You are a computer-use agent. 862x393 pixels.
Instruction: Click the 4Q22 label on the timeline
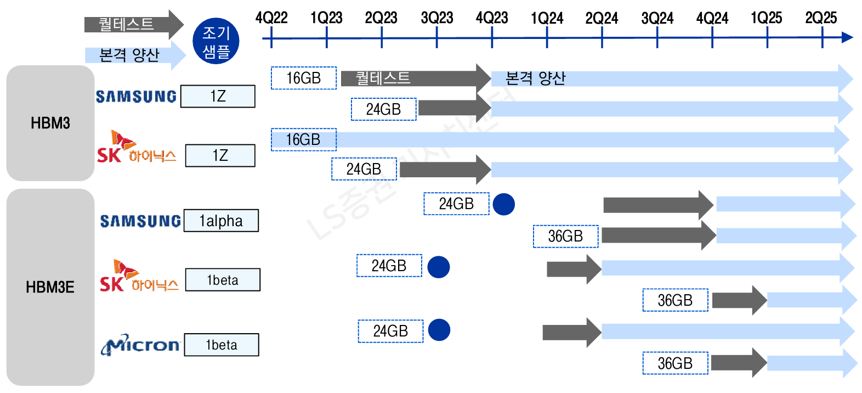coord(271,18)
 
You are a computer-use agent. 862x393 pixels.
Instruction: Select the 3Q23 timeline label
coord(437,18)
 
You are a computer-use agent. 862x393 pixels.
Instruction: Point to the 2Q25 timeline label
coord(821,18)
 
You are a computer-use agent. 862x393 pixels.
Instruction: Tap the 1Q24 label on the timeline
coord(547,18)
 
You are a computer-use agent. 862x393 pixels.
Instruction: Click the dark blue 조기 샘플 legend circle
coord(216,41)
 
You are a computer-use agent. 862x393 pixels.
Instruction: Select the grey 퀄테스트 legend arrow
coord(133,24)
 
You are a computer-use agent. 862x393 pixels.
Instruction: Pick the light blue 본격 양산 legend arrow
coord(135,55)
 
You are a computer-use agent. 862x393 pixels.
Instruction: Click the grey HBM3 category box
coord(50,123)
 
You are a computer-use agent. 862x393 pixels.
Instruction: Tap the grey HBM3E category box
coord(50,287)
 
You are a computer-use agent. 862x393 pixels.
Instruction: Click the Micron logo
coord(140,345)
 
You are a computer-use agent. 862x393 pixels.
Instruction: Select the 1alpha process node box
coord(221,221)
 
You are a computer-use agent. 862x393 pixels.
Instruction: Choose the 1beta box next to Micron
coord(222,345)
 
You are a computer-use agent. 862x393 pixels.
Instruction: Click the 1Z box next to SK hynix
coord(220,155)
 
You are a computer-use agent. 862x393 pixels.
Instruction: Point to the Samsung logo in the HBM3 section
coord(136,97)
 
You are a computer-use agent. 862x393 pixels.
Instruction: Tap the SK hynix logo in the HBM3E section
coord(139,277)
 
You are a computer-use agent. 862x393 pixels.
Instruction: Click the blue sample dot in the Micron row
coord(439,330)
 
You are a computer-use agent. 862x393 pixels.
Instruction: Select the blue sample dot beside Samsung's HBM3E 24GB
coord(504,204)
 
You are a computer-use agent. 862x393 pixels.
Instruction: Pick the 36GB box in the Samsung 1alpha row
coord(565,237)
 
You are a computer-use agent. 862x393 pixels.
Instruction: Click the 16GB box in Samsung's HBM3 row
coord(303,78)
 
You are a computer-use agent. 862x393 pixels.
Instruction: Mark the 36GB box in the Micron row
coord(675,363)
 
